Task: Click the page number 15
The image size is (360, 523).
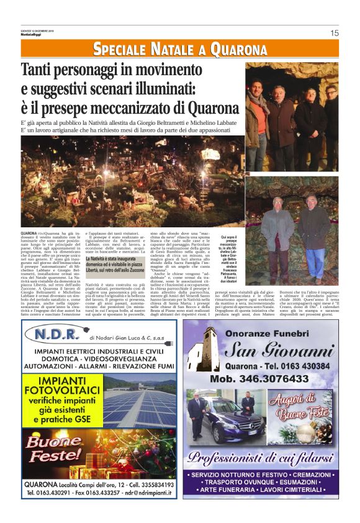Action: pos(334,33)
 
